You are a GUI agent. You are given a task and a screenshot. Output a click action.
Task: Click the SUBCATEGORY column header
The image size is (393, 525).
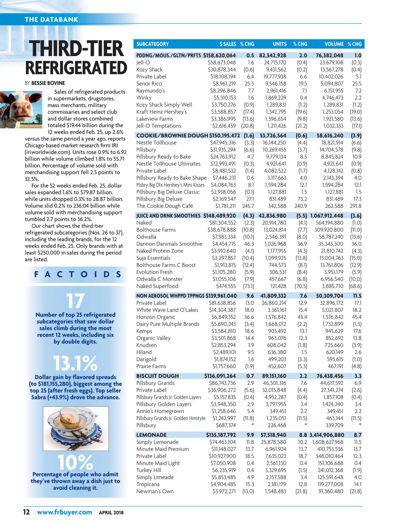(152, 44)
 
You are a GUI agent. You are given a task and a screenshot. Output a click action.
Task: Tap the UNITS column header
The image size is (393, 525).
(279, 44)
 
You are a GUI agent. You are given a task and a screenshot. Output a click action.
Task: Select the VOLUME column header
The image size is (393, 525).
(334, 44)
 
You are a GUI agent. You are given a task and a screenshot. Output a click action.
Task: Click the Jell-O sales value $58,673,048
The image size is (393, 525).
(222, 62)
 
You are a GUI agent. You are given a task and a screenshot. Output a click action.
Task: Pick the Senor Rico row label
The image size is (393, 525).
(149, 84)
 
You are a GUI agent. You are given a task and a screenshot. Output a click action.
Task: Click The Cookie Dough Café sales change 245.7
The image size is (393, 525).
(248, 206)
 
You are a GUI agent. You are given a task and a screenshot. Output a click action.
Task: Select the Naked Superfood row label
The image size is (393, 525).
(157, 286)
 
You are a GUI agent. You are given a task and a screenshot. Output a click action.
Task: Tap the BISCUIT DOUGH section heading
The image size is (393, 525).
(158, 376)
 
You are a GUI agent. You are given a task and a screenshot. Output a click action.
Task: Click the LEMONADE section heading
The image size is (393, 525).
(151, 435)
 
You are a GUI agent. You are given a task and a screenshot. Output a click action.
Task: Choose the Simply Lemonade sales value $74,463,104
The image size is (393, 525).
(222, 442)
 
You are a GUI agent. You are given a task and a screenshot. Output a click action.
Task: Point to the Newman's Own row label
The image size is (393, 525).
(155, 491)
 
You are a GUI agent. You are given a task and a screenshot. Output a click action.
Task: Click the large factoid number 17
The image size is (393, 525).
(75, 301)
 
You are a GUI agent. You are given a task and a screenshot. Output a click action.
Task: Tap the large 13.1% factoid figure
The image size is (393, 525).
(75, 363)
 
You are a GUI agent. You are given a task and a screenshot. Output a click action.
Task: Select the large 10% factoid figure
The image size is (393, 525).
(75, 462)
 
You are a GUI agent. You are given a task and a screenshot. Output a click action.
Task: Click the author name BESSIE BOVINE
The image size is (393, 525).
(48, 83)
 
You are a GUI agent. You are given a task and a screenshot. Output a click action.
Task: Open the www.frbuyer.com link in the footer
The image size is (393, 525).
(64, 512)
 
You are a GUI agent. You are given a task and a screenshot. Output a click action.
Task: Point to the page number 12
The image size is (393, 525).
(26, 512)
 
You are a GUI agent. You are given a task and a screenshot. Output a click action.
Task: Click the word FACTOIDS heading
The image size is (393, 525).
(78, 274)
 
